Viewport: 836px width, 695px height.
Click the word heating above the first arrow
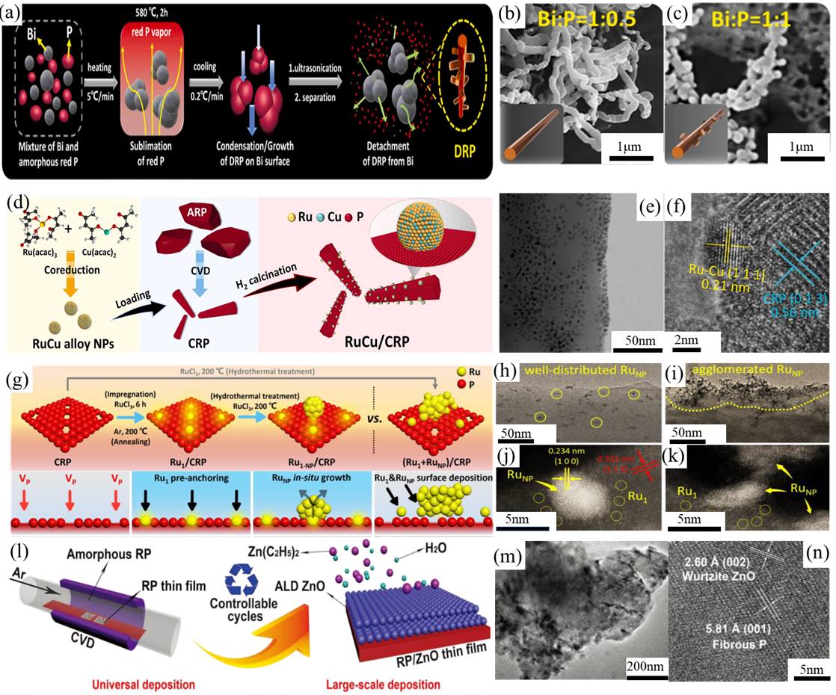click(98, 67)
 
